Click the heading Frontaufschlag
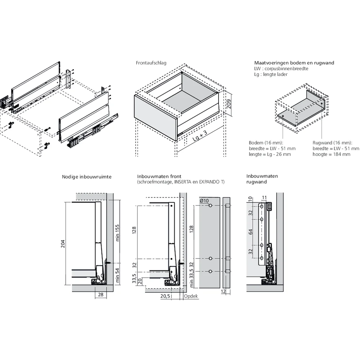point(151,63)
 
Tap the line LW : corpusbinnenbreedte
point(281,68)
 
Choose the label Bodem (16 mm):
point(266,143)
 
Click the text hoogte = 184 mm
point(331,154)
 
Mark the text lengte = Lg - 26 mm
point(270,154)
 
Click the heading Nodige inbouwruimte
point(87,177)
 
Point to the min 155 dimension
point(118,233)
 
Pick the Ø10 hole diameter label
point(204,201)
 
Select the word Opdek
point(191,296)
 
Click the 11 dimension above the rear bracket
point(264,198)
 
